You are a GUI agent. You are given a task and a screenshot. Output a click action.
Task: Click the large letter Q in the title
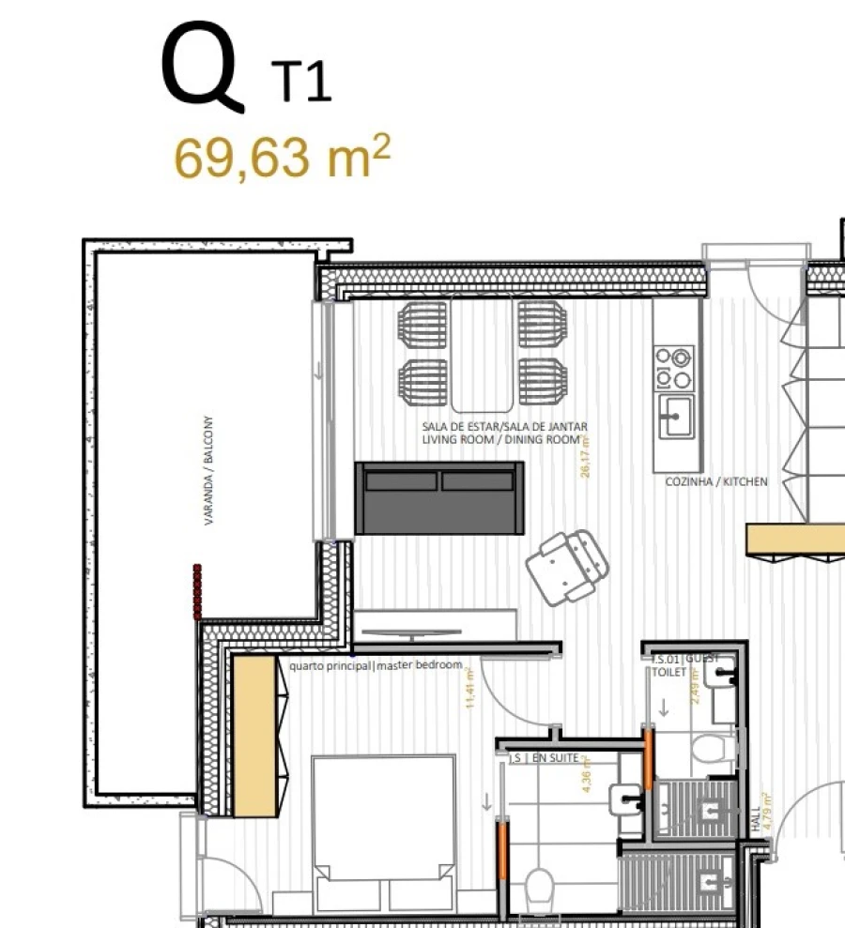point(201,68)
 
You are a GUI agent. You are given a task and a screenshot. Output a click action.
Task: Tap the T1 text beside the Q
point(302,82)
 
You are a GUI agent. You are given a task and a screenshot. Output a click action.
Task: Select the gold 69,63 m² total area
point(281,157)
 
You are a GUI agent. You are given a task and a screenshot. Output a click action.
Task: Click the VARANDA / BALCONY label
point(209,470)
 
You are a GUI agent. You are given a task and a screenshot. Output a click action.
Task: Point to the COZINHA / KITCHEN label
point(715,481)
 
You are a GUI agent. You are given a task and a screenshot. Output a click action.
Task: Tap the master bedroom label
point(376,665)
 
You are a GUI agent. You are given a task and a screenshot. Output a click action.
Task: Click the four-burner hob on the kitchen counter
point(674,368)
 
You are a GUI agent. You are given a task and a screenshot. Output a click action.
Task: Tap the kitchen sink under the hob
point(675,416)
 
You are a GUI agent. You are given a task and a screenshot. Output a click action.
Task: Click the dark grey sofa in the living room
point(438,498)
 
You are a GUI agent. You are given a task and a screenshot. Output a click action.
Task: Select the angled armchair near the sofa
point(566,567)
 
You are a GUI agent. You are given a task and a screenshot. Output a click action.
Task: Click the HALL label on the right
point(754,822)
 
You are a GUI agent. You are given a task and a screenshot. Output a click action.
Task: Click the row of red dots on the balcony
point(196,591)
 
